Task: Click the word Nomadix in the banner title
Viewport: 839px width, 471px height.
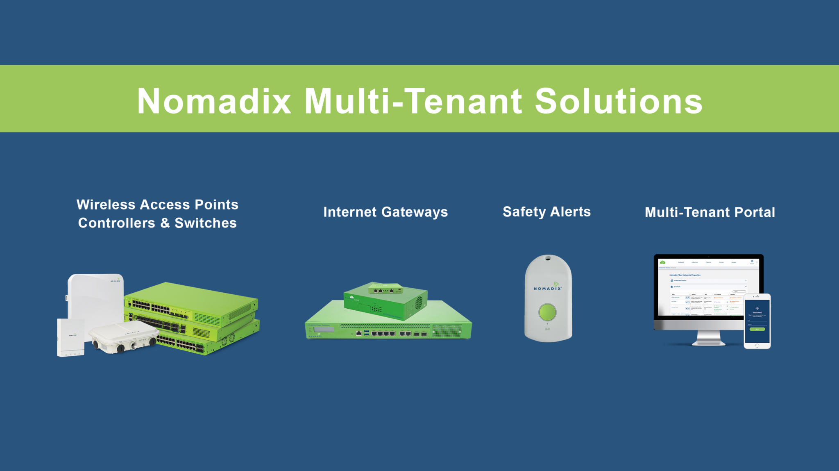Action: click(x=214, y=101)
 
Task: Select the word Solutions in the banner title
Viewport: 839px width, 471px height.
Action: click(x=619, y=101)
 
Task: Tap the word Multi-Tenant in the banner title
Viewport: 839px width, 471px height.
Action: click(x=413, y=101)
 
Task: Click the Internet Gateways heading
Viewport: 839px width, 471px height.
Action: click(x=385, y=212)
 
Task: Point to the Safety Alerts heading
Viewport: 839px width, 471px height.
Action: click(x=546, y=212)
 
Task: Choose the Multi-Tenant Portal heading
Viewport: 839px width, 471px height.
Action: click(x=710, y=212)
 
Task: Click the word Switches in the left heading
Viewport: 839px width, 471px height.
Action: click(x=206, y=223)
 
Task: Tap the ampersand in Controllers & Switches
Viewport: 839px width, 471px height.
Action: click(x=165, y=223)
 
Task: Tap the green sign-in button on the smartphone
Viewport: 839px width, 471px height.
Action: click(x=757, y=329)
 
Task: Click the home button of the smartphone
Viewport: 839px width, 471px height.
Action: click(x=757, y=346)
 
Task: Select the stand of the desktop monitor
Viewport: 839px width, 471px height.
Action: click(x=708, y=338)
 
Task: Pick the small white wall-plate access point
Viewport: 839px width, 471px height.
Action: click(x=70, y=337)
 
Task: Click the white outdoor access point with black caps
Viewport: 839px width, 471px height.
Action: click(x=123, y=337)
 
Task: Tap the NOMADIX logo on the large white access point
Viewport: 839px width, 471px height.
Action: click(x=116, y=281)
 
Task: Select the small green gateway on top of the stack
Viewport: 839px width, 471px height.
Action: click(x=385, y=289)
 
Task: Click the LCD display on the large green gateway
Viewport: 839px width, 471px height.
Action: click(x=323, y=329)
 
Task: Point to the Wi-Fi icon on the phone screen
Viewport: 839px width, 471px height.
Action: click(x=757, y=309)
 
